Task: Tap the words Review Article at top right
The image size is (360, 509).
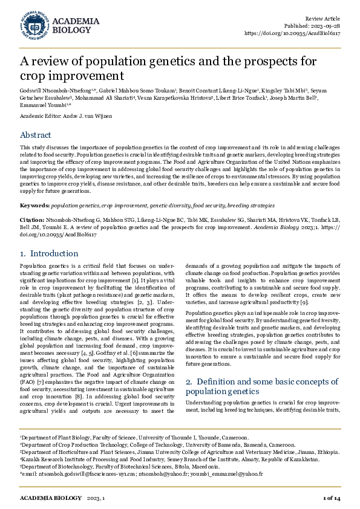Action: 324,19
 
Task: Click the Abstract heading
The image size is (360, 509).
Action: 36,135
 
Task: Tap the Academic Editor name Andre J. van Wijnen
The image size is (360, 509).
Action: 86,115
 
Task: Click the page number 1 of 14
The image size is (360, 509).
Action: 332,498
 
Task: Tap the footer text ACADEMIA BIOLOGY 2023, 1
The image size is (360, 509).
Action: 62,498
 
